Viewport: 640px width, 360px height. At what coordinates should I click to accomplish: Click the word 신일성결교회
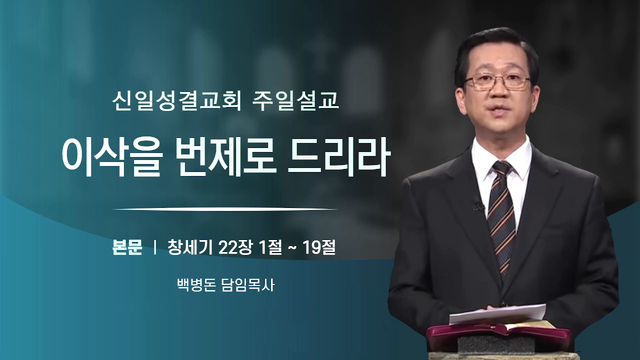pos(176,101)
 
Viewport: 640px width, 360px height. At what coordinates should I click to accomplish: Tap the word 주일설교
pos(295,101)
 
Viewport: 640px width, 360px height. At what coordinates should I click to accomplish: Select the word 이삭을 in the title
pos(112,157)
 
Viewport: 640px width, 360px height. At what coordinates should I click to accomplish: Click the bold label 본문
pos(127,247)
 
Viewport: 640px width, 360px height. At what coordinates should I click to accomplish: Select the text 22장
pos(235,247)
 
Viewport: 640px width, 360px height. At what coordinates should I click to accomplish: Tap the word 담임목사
pos(248,285)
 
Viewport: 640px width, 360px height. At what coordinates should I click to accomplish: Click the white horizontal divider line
pos(225,209)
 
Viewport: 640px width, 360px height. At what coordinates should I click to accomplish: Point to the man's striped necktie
pos(502,217)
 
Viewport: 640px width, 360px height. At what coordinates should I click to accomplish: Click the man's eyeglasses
pos(497,80)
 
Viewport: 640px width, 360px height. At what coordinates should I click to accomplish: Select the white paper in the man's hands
pos(497,314)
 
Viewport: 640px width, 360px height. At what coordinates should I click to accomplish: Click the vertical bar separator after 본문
pos(155,247)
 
